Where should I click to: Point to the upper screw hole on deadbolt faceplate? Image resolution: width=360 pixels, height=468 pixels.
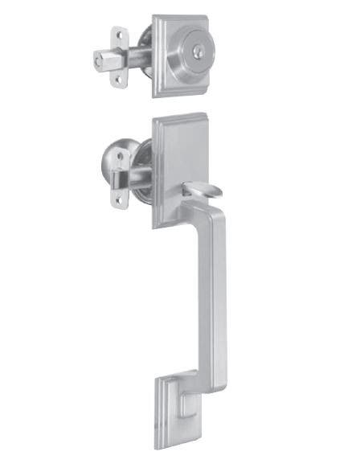[x=121, y=38]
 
